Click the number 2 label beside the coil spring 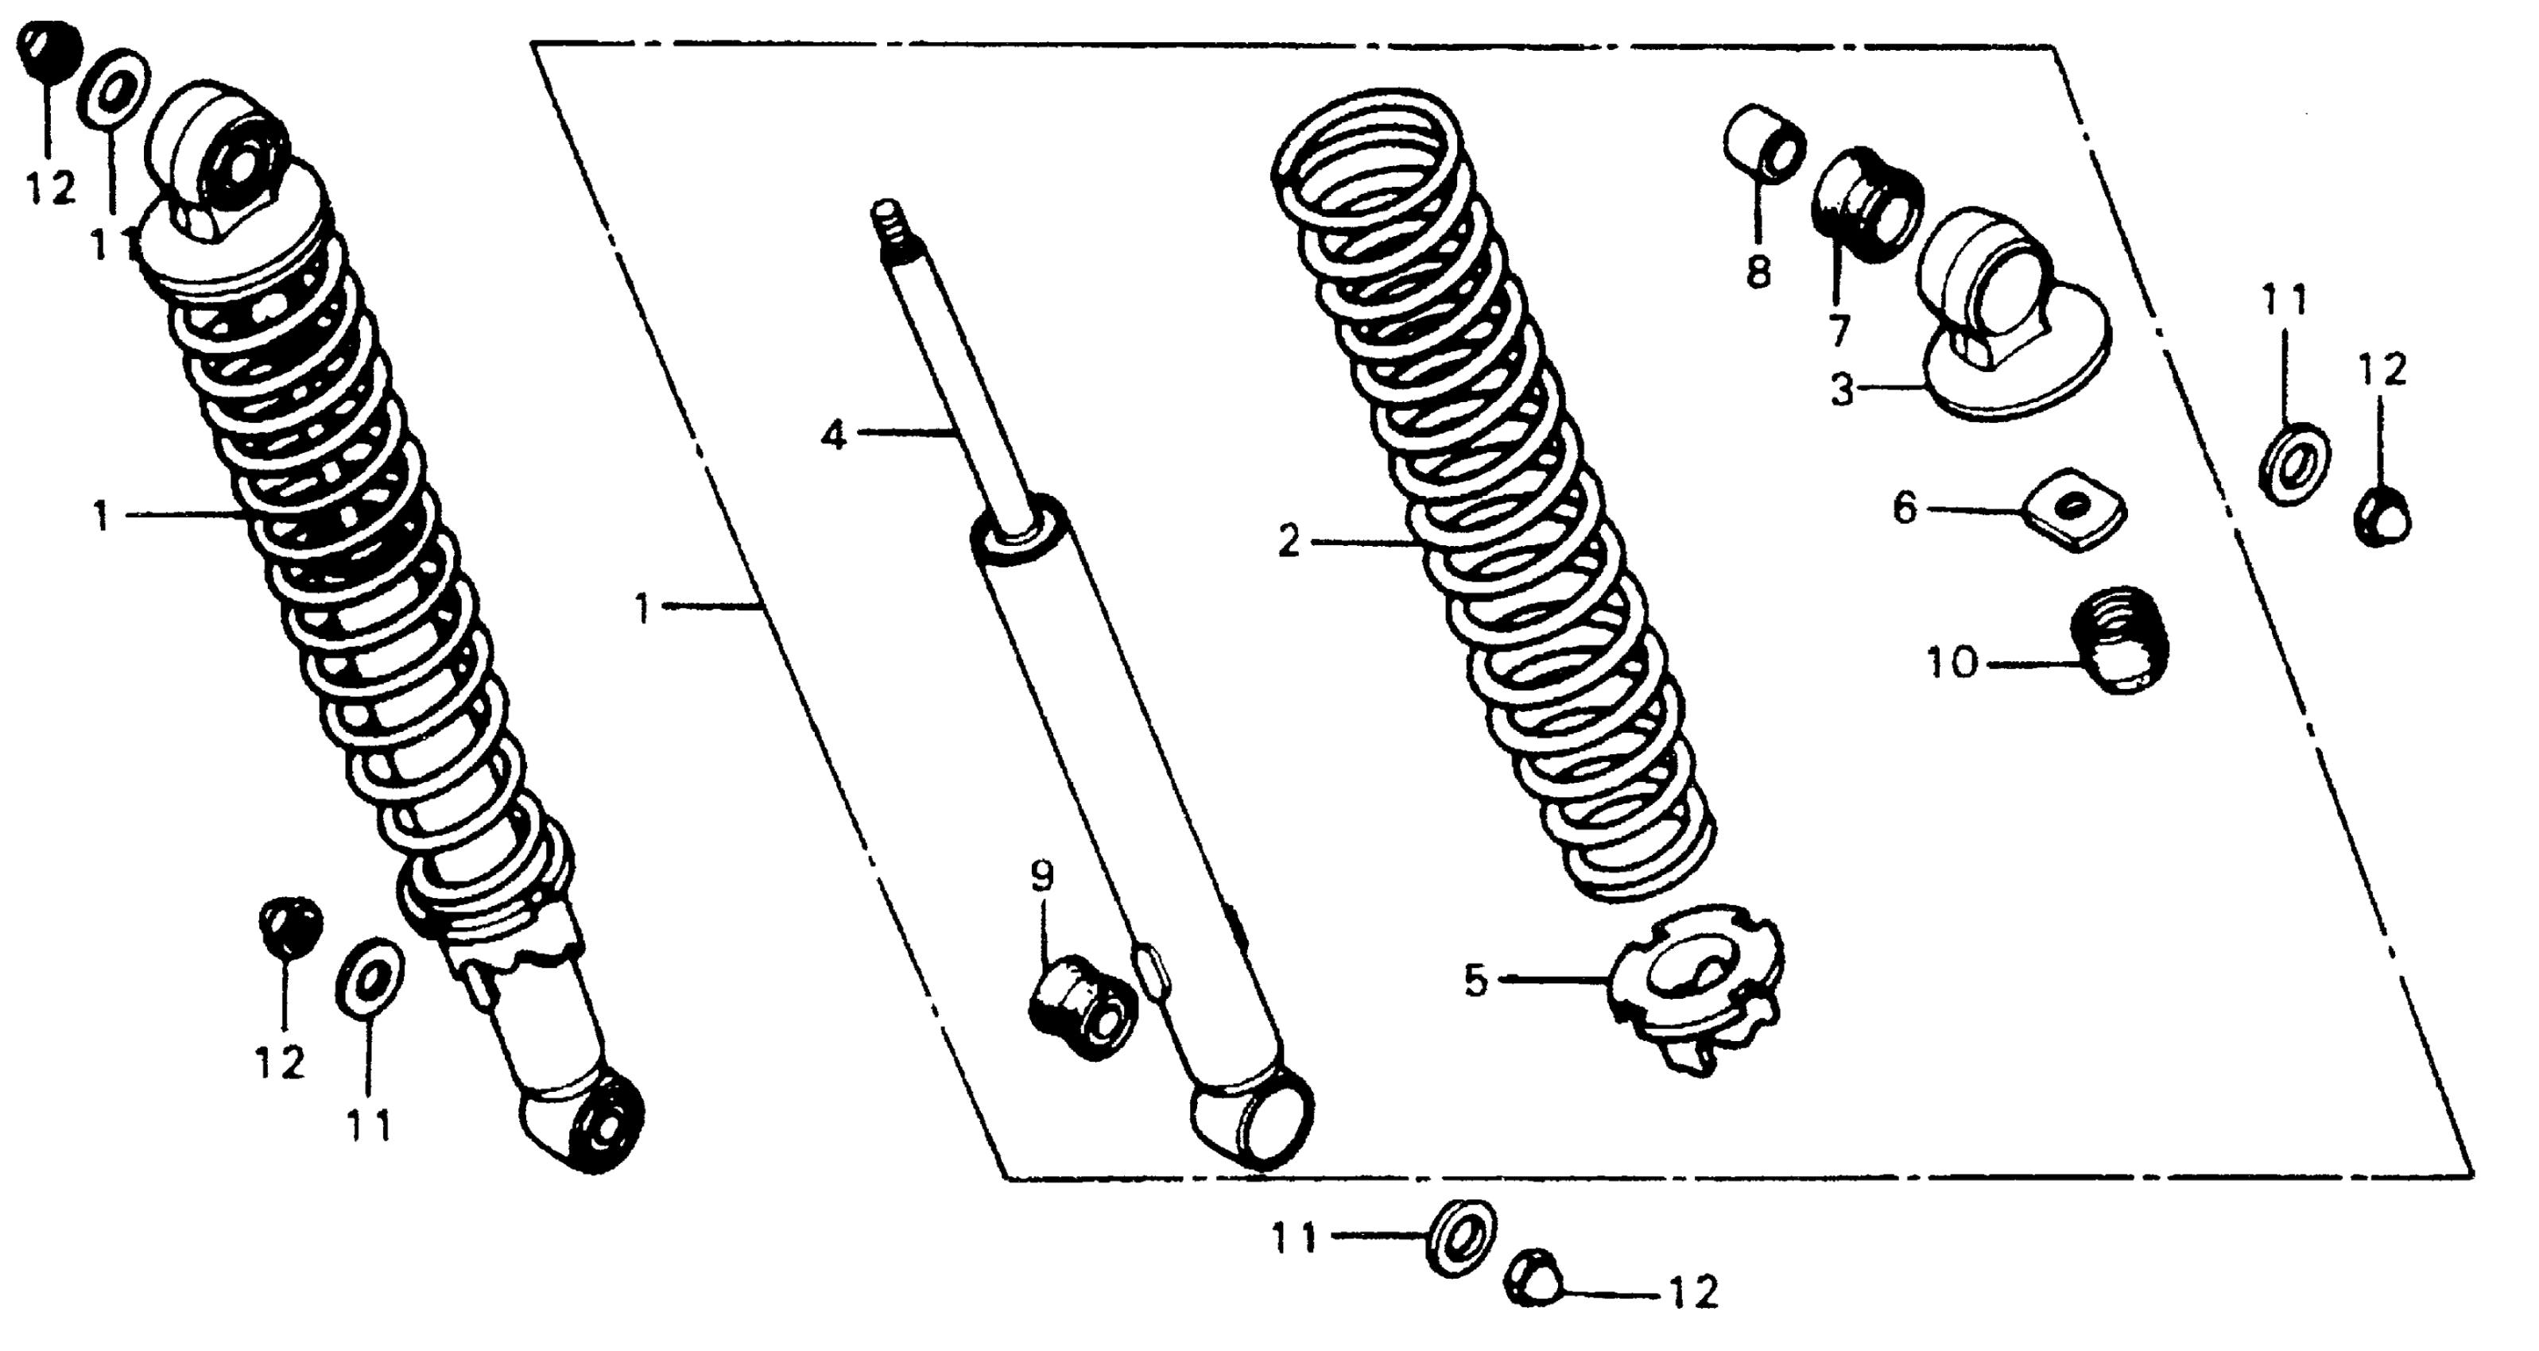coord(1289,543)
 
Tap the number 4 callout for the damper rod coord(834,435)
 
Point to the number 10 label coord(1952,664)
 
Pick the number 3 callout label coord(1842,390)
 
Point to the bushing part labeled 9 coord(1082,1011)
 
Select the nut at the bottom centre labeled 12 coord(1532,1277)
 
